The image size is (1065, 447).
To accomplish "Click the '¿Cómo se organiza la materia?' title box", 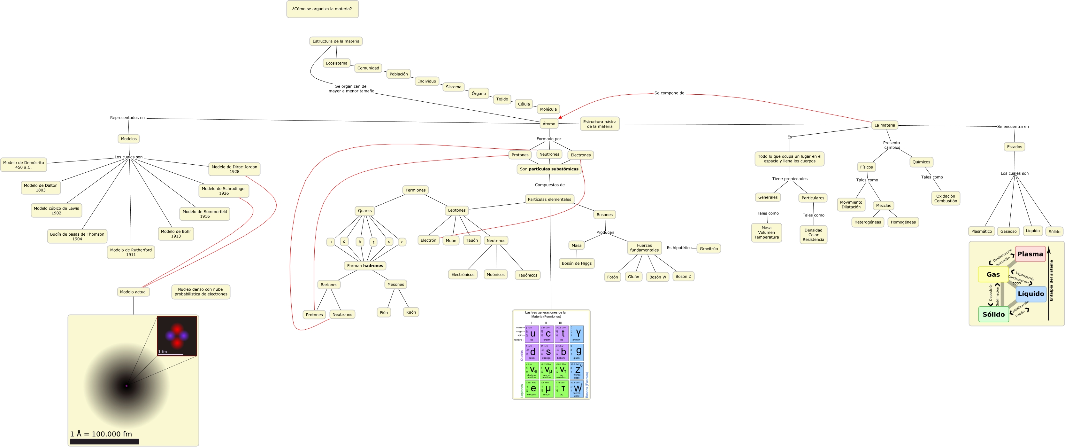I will click(322, 9).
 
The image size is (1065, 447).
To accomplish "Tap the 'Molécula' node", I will click(548, 109).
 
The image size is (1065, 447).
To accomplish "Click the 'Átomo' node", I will click(548, 124).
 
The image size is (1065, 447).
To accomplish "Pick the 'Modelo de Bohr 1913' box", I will click(176, 234).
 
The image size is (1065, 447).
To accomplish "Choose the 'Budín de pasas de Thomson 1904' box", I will click(77, 236).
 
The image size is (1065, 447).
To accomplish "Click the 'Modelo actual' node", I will click(133, 292).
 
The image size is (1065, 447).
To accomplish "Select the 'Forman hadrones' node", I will click(365, 266).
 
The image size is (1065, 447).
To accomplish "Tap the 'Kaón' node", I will click(410, 312).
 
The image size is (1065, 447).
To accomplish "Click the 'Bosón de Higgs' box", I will click(576, 263).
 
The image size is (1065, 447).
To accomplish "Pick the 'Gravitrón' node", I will click(708, 248).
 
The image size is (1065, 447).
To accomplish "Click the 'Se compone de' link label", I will click(669, 93).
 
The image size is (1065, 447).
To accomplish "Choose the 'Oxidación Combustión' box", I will click(945, 199).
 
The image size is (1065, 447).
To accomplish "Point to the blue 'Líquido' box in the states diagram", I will click(1031, 294).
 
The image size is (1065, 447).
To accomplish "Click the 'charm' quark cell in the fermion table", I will click(547, 333).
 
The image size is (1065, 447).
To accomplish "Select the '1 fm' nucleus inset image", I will click(177, 336).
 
